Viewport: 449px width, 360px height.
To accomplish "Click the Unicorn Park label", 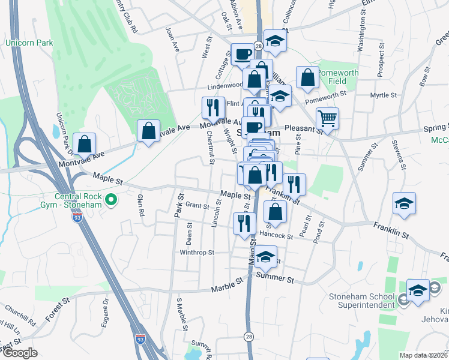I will point(29,43).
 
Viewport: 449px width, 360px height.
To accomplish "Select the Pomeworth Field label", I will point(338,77).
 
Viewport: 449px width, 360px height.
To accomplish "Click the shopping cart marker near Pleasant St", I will point(327,118).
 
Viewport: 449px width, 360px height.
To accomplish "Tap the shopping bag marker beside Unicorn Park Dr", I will point(85,143).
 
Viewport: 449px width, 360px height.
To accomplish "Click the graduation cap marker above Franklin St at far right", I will point(404,203).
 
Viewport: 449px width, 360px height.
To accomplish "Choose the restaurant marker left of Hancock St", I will point(244,223).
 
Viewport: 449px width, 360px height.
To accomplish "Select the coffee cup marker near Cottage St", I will point(243,53).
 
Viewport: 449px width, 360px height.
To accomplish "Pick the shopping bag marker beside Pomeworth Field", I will point(307,77).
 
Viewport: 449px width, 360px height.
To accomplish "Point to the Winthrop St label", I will point(197,253).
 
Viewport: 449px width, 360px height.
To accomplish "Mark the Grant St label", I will point(196,205).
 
